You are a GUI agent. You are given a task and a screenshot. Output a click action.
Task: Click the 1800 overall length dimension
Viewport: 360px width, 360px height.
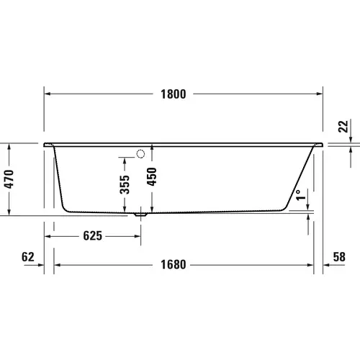(x=174, y=94)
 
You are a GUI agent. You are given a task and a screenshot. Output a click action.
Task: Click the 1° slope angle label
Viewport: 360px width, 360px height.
(x=299, y=194)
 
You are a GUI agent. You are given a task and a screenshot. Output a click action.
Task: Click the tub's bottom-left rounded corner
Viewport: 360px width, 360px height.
(x=66, y=208)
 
